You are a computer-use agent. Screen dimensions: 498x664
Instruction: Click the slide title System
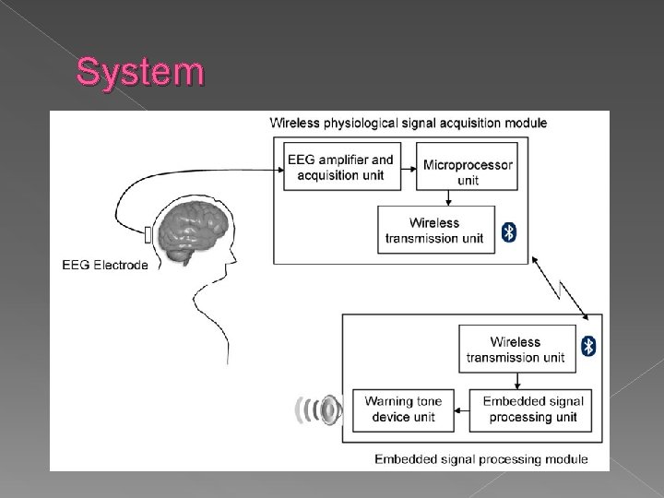click(x=139, y=72)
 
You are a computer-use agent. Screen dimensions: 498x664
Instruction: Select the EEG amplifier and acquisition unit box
click(x=340, y=167)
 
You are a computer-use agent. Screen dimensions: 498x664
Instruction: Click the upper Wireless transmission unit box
click(x=434, y=230)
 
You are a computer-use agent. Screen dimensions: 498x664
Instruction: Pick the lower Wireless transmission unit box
click(x=516, y=349)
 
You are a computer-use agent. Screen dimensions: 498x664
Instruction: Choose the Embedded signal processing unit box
click(x=533, y=409)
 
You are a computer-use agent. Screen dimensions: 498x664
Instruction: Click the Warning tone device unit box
click(x=403, y=409)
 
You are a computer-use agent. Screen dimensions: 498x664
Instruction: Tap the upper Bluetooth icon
click(x=508, y=231)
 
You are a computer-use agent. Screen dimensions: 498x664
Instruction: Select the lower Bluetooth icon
click(x=588, y=347)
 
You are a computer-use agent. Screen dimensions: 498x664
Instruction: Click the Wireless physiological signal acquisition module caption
click(x=408, y=123)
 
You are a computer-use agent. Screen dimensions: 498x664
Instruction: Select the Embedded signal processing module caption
click(x=480, y=458)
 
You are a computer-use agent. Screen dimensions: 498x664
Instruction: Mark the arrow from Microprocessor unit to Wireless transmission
click(x=448, y=198)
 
